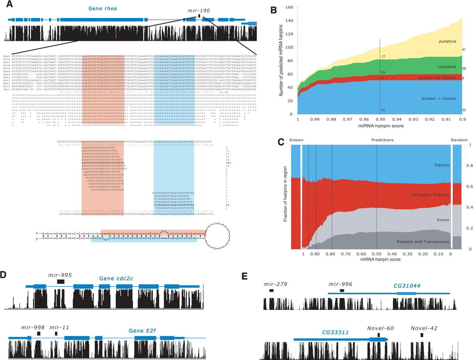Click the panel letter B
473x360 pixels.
click(274, 10)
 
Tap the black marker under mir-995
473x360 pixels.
click(61, 282)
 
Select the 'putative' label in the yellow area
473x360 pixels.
click(448, 41)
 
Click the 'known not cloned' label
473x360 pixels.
click(437, 78)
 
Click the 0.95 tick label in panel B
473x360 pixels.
click(380, 120)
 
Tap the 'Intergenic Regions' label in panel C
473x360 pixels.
click(430, 195)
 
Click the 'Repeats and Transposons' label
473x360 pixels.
click(423, 242)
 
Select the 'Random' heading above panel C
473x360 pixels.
click(459, 140)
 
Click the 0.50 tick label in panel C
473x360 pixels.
click(377, 254)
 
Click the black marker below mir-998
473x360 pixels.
click(39, 333)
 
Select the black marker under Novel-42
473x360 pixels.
click(422, 335)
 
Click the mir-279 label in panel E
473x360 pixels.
click(275, 284)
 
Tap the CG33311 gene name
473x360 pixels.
click(335, 332)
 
